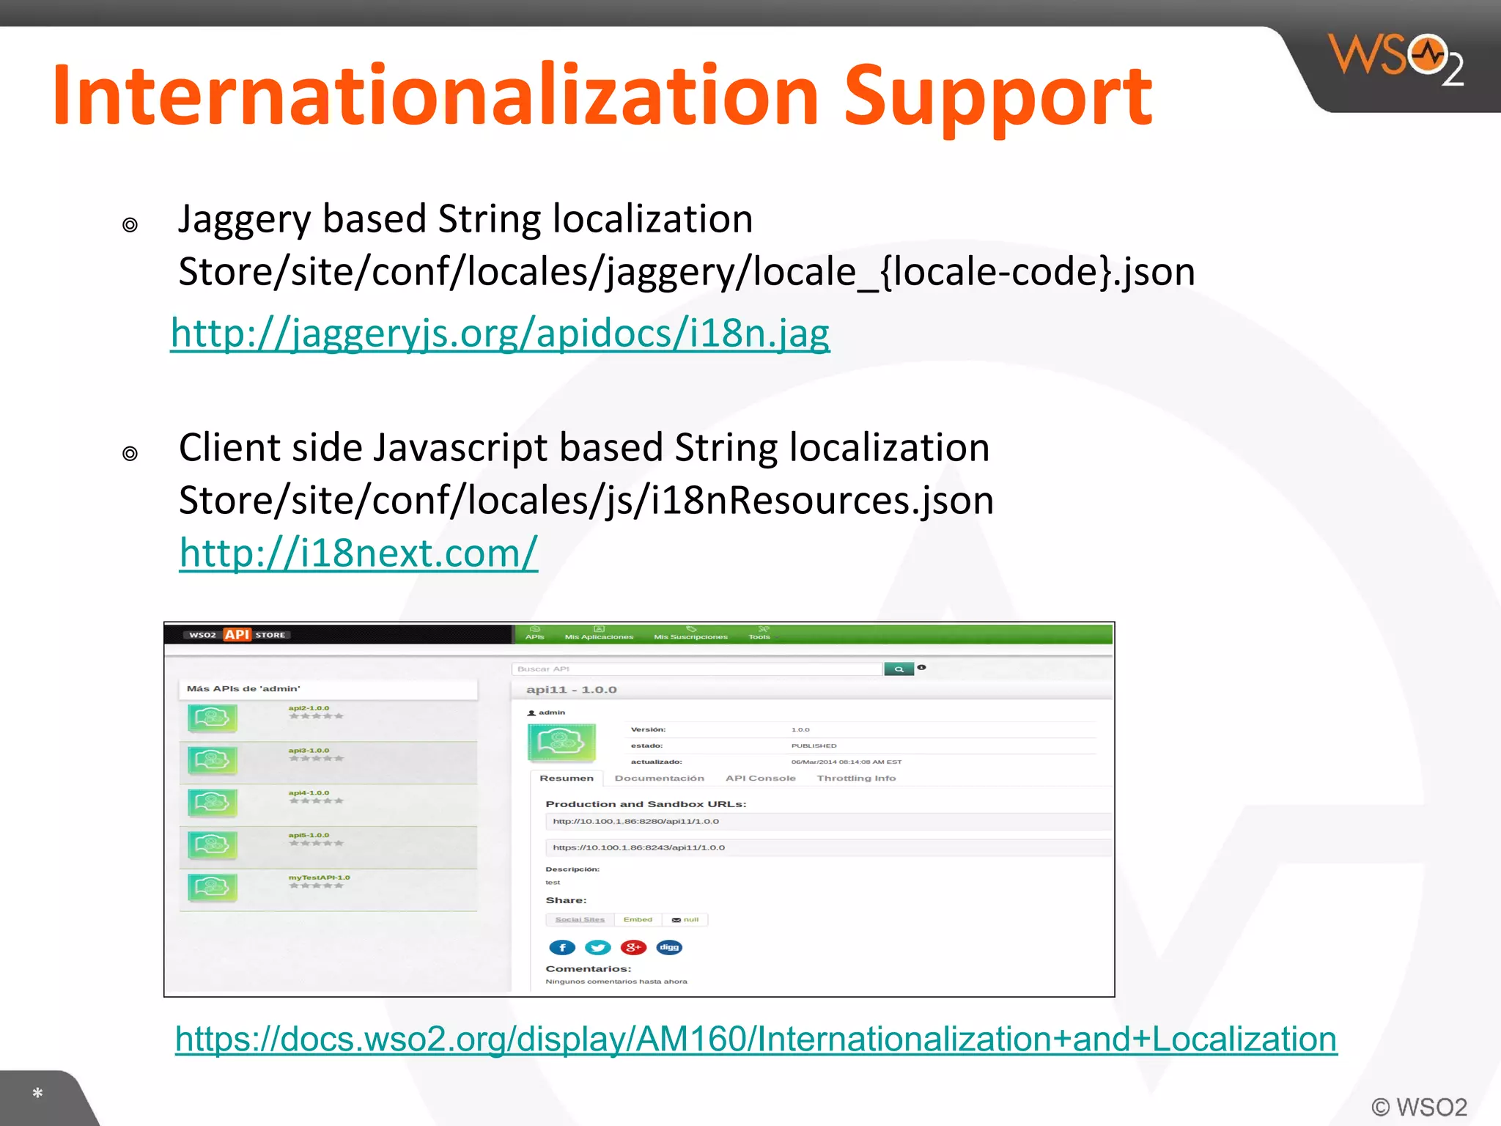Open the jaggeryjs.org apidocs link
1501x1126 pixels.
click(500, 334)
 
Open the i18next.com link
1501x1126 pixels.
click(358, 553)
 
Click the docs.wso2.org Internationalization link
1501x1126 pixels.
click(756, 1039)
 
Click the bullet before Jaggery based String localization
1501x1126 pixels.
click(130, 225)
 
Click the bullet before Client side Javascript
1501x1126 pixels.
click(130, 454)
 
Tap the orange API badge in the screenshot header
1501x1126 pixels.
click(237, 635)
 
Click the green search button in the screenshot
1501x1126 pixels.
click(899, 669)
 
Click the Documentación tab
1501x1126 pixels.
click(659, 779)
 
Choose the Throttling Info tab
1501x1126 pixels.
click(856, 779)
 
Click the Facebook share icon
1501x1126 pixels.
click(562, 947)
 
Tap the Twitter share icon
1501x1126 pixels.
click(598, 947)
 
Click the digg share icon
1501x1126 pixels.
click(669, 947)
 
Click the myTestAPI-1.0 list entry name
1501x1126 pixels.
click(319, 877)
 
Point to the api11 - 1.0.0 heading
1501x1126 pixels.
click(571, 690)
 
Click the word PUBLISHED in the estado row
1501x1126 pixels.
click(814, 746)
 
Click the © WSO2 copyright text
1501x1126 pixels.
click(1419, 1107)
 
